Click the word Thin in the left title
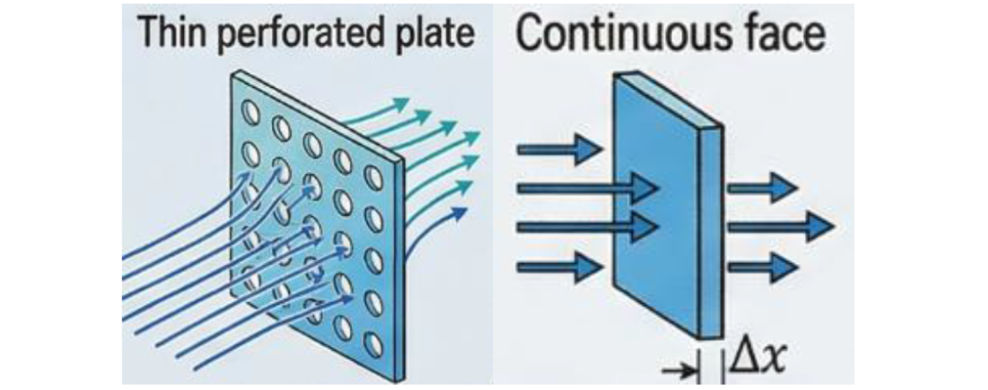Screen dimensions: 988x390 166,33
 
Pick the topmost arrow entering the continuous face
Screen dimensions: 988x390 560,151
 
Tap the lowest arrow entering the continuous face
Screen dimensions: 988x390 560,268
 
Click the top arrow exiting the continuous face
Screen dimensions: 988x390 763,187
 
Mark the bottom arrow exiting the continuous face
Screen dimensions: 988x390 763,267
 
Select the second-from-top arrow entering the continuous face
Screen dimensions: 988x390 587,187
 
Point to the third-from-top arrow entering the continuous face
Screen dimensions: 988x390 587,227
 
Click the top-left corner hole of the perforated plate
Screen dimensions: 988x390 252,113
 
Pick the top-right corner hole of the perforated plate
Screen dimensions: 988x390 373,178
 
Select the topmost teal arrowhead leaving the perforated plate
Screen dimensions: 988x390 400,104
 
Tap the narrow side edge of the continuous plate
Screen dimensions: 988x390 711,233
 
